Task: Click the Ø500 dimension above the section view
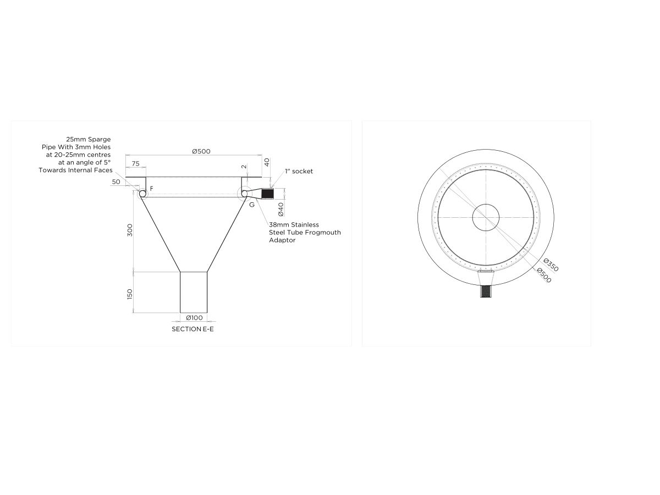click(201, 151)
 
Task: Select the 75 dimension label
click(135, 163)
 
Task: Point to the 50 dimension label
click(116, 182)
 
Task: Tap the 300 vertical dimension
click(130, 230)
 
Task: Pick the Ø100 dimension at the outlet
click(194, 318)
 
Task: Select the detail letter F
click(152, 189)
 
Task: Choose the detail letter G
click(252, 204)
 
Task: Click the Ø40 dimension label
click(280, 209)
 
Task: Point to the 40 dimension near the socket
click(267, 162)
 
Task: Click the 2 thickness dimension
click(244, 167)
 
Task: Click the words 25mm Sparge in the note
click(88, 140)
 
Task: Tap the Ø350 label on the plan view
click(551, 265)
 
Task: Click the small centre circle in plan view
click(486, 217)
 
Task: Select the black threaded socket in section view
click(268, 194)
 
